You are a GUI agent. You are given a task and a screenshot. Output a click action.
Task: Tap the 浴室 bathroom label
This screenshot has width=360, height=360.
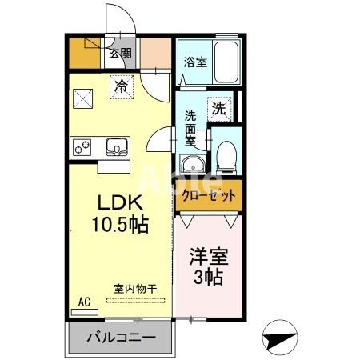click(194, 62)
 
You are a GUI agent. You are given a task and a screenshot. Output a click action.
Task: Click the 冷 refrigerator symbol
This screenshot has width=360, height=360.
click(121, 84)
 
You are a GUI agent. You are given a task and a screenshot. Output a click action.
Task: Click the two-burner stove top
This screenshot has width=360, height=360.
click(82, 147)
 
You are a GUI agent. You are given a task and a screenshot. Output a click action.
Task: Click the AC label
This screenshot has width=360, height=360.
click(84, 302)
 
